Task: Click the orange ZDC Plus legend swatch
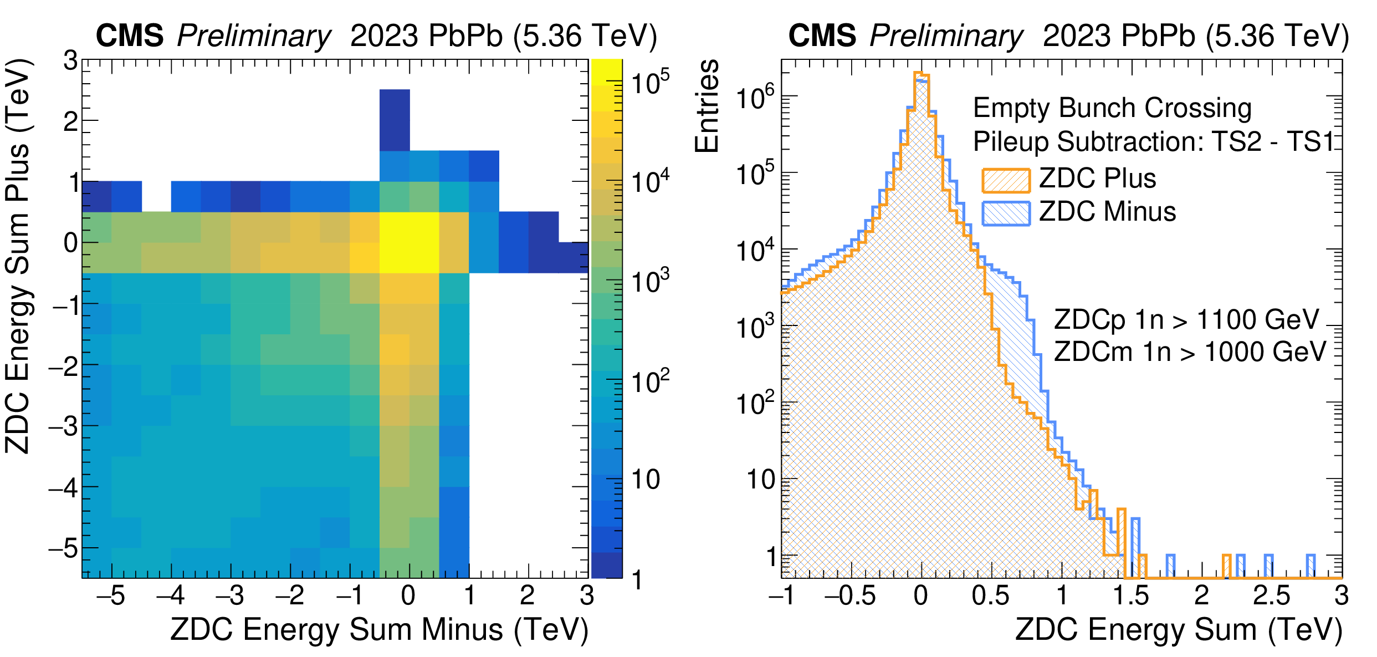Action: click(x=1006, y=180)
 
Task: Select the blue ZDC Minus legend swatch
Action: click(x=1006, y=213)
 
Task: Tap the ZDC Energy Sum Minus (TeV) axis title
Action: click(x=380, y=630)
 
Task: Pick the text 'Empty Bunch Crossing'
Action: click(x=1112, y=108)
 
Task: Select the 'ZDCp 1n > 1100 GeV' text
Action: click(x=1186, y=319)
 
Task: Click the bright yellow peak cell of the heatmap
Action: click(x=409, y=242)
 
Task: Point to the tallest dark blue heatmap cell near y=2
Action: click(x=395, y=120)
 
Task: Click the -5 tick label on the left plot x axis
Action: click(x=110, y=596)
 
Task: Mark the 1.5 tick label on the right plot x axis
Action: click(x=1130, y=596)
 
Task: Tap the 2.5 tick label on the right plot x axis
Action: click(x=1271, y=596)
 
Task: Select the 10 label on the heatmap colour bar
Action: click(x=646, y=480)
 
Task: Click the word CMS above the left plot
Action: click(x=130, y=36)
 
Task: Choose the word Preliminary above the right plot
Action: click(x=946, y=36)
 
